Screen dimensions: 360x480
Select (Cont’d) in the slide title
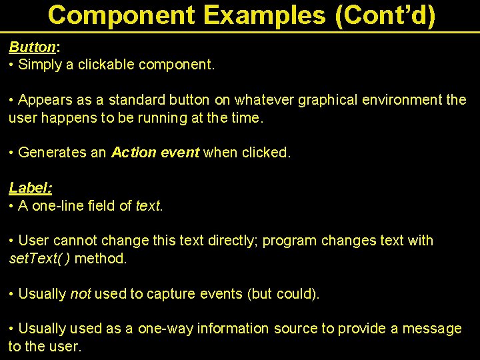coord(385,15)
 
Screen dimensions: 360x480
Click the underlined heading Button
coord(32,47)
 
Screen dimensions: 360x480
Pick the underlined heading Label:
coord(30,188)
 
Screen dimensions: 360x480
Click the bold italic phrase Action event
coord(155,153)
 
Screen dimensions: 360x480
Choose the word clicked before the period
coord(265,153)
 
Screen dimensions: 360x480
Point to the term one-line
coord(57,205)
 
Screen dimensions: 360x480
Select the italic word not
coord(80,293)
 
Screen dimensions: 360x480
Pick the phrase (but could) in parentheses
coord(283,293)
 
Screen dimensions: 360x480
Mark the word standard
coord(137,100)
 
